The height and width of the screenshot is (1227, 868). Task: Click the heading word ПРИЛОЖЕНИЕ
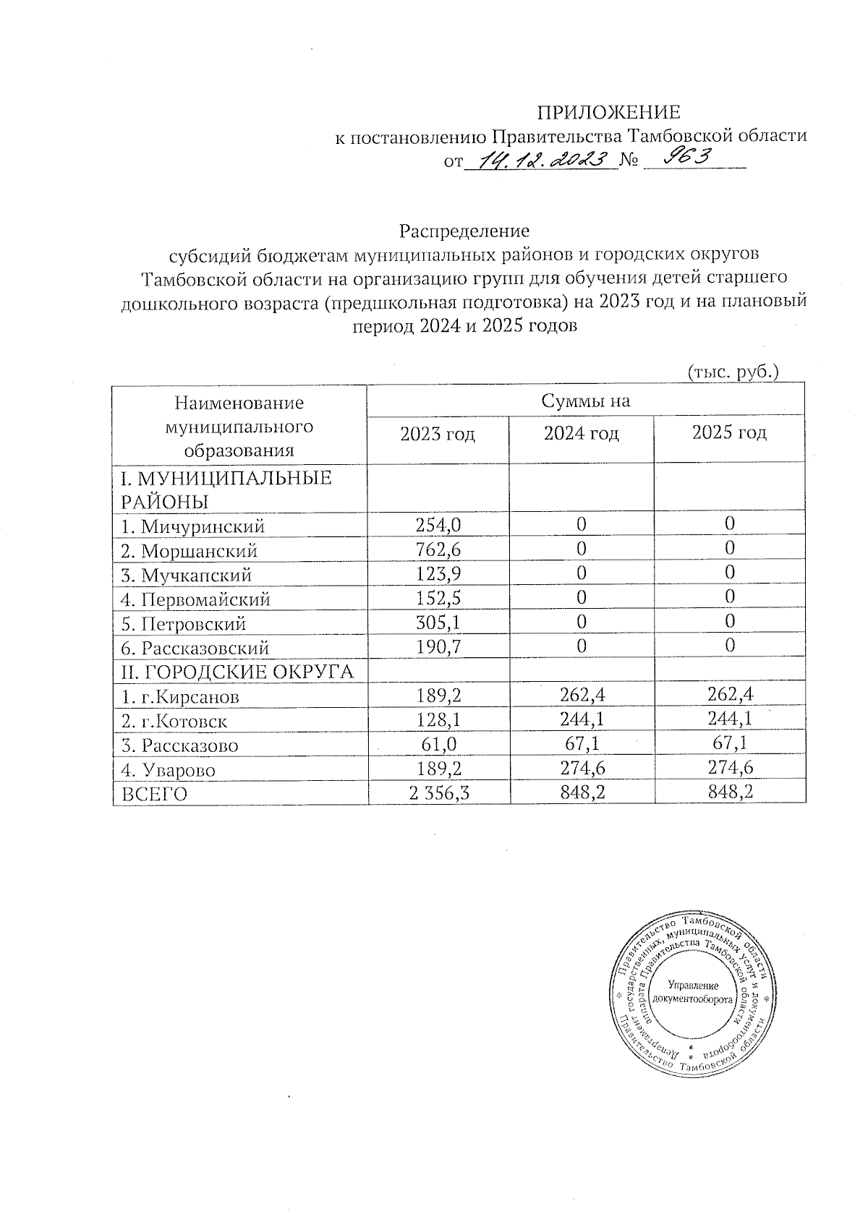tap(608, 112)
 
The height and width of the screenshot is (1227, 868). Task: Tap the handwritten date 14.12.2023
tap(539, 161)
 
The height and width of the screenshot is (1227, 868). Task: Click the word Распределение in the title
tap(464, 231)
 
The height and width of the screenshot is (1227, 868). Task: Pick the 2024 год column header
tap(581, 434)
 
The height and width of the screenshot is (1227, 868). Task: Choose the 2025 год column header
tap(729, 433)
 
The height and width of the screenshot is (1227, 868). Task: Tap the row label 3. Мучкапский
tap(187, 576)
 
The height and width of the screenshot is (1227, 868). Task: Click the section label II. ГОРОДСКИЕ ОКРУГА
tap(237, 672)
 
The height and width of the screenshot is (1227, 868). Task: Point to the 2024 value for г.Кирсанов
tap(581, 696)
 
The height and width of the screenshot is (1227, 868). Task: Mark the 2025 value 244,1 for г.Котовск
tap(729, 721)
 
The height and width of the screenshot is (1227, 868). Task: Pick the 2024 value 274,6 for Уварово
tap(581, 769)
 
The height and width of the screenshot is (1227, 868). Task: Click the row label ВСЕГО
tap(154, 795)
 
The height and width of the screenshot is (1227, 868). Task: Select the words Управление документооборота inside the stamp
tap(692, 992)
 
